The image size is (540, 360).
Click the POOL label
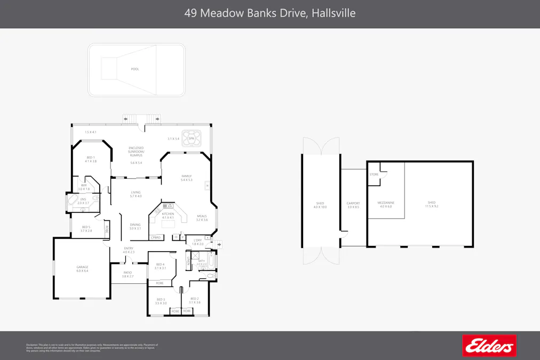coord(135,69)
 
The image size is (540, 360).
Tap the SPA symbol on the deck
coord(191,138)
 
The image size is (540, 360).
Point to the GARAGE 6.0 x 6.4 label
coord(82,269)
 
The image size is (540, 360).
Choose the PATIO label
coord(127,274)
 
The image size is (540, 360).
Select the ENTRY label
coord(129,250)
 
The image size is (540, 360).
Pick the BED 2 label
coord(194,300)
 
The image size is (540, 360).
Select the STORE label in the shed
coord(373,174)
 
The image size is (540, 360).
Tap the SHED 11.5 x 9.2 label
coord(431,204)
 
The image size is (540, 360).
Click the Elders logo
coord(489,346)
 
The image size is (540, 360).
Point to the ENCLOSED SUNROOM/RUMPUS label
coord(136,151)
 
